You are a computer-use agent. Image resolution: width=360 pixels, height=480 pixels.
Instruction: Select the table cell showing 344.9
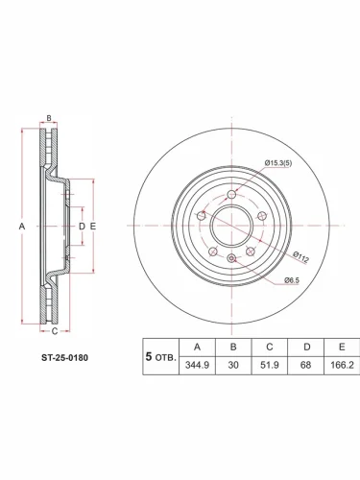click(197, 366)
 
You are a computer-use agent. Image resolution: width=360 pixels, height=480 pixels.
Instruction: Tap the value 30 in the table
click(233, 366)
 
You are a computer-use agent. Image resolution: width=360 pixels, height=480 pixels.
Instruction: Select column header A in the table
click(197, 347)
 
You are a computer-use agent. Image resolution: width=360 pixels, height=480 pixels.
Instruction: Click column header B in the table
click(233, 347)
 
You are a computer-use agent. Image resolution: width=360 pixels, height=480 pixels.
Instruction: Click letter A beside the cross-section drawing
click(20, 227)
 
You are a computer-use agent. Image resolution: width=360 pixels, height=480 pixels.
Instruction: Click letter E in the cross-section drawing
click(92, 227)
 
